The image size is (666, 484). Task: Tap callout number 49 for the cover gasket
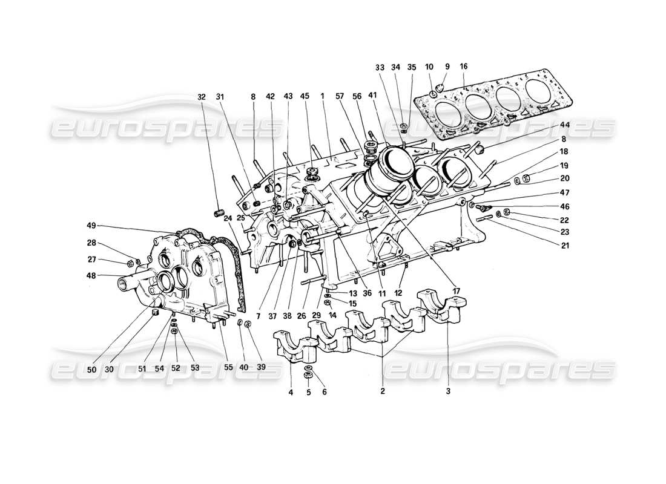[x=91, y=226]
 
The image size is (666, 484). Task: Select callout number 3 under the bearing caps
[x=447, y=391]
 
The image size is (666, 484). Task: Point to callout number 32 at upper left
[x=202, y=96]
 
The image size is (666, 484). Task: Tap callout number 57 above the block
[x=341, y=96]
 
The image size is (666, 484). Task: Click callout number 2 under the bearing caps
[x=383, y=391]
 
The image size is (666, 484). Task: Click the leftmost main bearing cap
[x=295, y=346]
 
